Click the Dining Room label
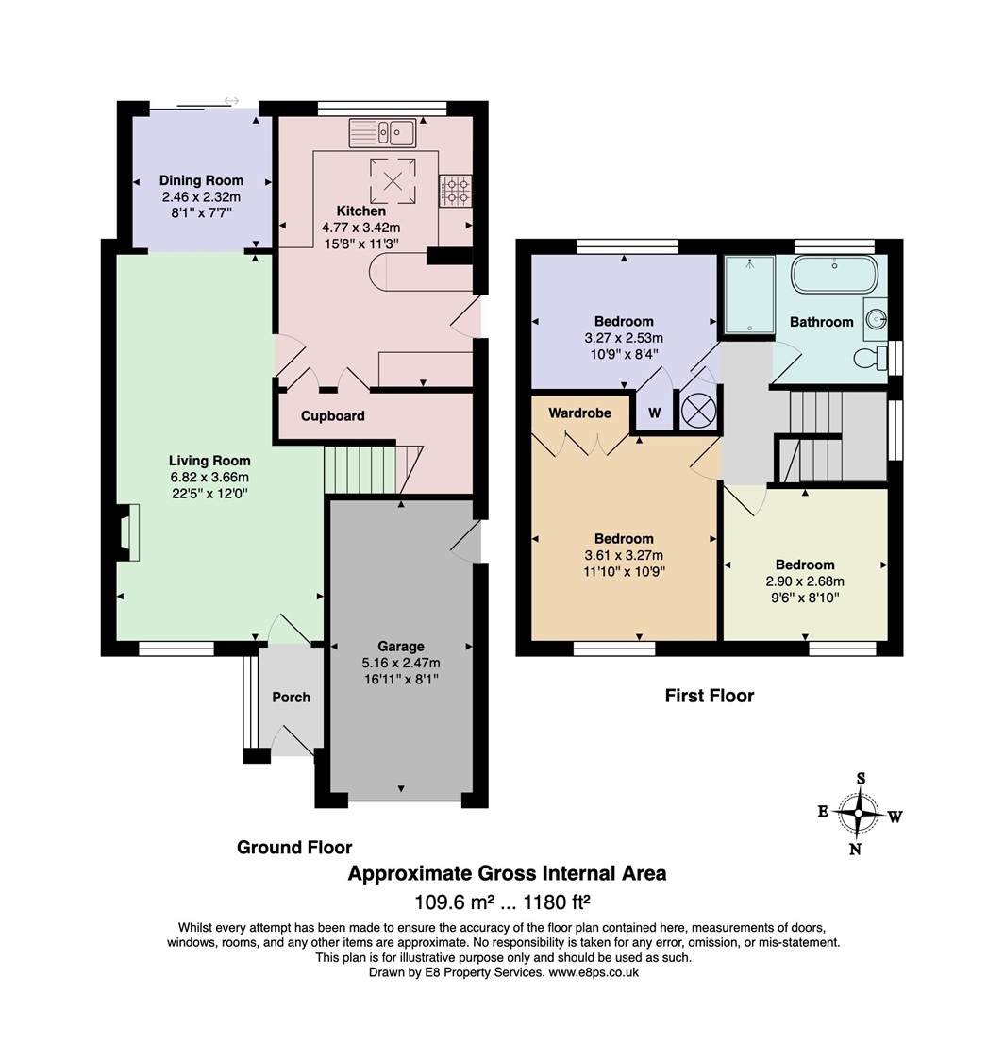point(201,180)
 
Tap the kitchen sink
point(382,133)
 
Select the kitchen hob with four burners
point(455,190)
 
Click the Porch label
point(292,697)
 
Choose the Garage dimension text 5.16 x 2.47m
point(401,663)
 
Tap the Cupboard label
point(332,416)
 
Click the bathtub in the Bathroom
point(834,274)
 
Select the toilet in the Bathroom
point(871,358)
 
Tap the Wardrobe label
point(579,413)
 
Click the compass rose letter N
point(856,849)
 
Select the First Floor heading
point(710,696)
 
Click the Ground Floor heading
point(294,847)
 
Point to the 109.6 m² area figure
point(455,902)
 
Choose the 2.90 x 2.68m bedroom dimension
point(805,581)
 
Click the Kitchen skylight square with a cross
point(393,181)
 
